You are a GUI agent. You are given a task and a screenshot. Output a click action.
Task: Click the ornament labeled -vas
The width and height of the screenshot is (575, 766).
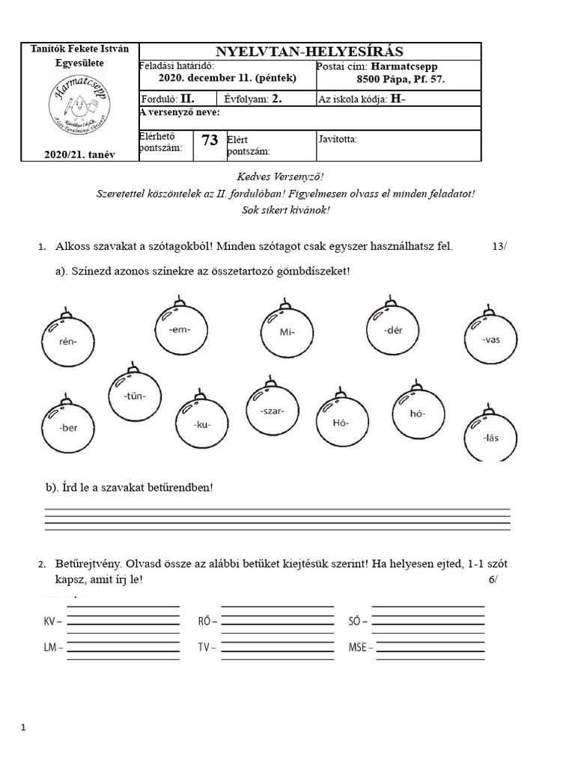(490, 338)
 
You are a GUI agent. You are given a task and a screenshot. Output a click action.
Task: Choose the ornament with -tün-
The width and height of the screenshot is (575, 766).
(134, 396)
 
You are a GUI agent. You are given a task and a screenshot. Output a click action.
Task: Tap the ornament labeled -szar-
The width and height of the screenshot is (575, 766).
(273, 411)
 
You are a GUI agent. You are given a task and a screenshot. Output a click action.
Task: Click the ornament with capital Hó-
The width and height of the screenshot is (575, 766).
(341, 422)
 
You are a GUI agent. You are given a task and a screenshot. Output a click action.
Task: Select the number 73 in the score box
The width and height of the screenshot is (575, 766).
(210, 140)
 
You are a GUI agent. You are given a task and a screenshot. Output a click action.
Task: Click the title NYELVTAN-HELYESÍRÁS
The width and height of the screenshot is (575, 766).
(309, 52)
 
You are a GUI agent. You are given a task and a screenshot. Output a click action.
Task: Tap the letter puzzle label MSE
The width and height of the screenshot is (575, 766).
(357, 646)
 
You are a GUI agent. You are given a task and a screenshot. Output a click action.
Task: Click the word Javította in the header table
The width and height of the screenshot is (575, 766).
(338, 139)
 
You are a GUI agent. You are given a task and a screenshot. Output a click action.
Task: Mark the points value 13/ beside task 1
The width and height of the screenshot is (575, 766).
(499, 246)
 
